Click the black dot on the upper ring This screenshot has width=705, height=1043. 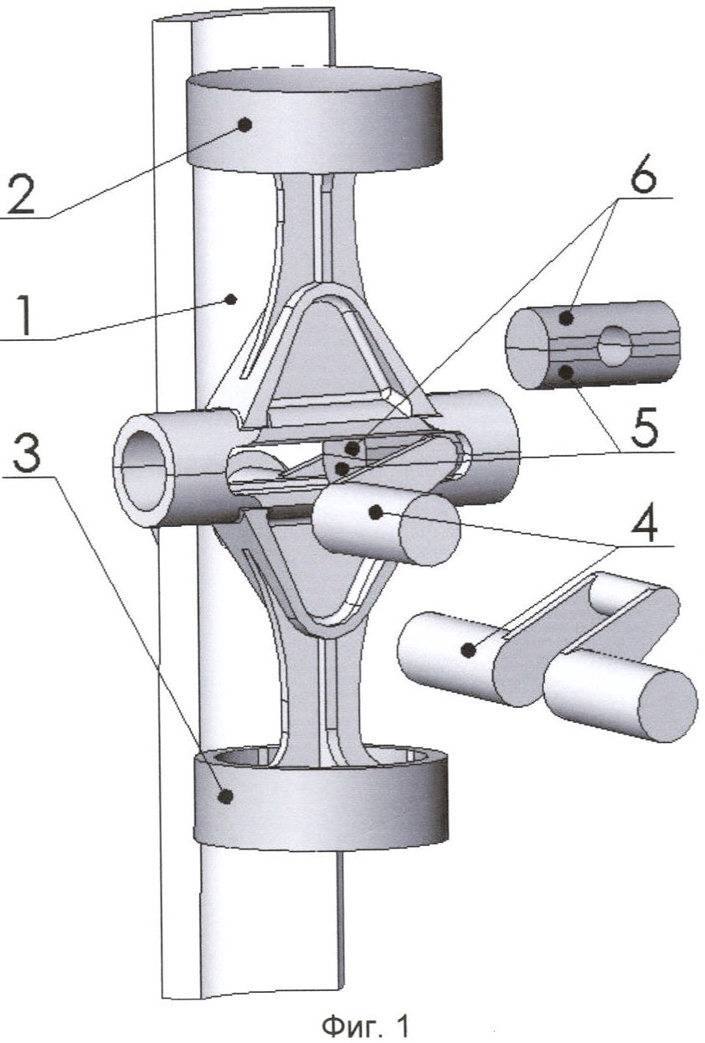[x=245, y=125]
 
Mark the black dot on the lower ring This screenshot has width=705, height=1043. [x=224, y=797]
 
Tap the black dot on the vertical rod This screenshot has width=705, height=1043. [x=234, y=298]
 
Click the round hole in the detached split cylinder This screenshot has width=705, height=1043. [x=614, y=347]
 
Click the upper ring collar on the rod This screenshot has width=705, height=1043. [x=314, y=121]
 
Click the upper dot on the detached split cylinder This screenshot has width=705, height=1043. [x=568, y=318]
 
